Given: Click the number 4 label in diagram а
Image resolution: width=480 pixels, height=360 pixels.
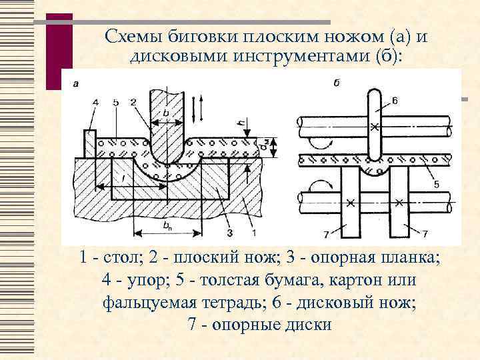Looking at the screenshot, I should click(x=95, y=102).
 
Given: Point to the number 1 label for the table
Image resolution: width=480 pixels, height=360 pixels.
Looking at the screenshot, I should click(x=254, y=233).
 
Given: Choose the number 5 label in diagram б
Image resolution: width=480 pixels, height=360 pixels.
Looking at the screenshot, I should click(x=436, y=185).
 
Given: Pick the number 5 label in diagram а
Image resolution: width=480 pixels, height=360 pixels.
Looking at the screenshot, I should click(x=115, y=102).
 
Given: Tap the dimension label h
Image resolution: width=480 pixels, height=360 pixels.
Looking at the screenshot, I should click(x=239, y=123).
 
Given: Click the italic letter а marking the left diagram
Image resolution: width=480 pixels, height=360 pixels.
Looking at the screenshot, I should click(x=75, y=84).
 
